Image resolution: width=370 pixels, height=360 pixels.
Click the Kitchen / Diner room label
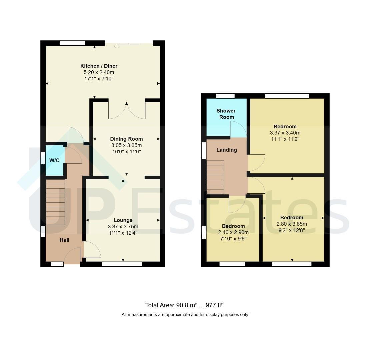click(99, 66)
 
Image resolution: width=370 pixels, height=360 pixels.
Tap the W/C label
click(54, 160)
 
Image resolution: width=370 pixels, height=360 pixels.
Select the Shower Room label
click(226, 114)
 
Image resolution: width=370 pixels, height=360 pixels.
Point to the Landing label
click(227, 150)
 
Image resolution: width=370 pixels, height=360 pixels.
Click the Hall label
click(64, 240)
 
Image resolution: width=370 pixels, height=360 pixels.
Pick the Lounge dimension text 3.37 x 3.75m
click(123, 226)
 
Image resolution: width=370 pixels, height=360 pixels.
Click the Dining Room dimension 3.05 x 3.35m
click(126, 145)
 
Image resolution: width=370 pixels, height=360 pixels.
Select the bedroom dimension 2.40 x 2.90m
click(233, 232)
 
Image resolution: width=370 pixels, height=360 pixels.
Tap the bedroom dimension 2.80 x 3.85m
click(292, 224)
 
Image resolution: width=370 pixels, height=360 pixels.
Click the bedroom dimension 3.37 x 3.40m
click(285, 133)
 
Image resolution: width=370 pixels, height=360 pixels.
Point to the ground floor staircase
click(55, 202)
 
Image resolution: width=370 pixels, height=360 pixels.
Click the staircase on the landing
click(215, 177)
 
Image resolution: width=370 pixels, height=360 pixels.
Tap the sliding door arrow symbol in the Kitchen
click(117, 46)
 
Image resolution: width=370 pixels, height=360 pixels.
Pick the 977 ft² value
click(214, 305)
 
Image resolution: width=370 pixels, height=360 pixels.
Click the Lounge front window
click(122, 264)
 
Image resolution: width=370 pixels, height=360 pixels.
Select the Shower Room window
click(225, 96)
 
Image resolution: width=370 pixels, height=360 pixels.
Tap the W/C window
click(43, 158)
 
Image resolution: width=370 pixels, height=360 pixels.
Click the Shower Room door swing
click(238, 129)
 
